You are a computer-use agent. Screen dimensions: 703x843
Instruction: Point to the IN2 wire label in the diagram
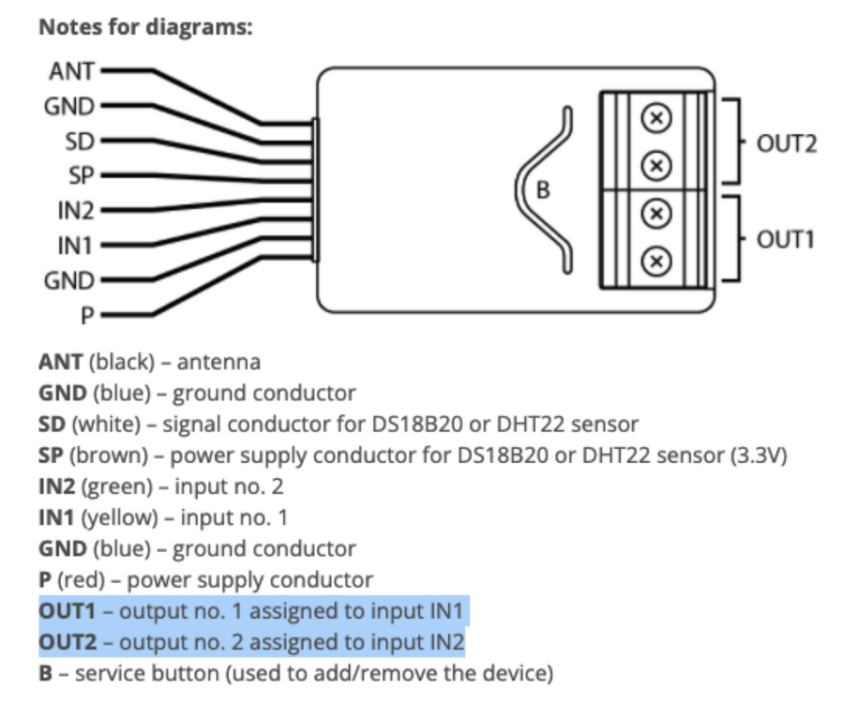(73, 211)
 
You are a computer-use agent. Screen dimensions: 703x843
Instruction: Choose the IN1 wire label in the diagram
(73, 246)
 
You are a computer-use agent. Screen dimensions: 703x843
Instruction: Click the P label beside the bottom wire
(86, 316)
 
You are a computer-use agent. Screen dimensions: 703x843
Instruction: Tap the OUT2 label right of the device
(786, 145)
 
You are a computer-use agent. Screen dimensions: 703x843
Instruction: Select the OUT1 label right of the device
(786, 239)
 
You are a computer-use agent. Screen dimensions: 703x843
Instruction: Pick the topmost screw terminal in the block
(656, 119)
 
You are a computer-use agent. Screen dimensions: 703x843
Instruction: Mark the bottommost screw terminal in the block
(656, 260)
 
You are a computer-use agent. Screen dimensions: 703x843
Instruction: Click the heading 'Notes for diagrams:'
(145, 27)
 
